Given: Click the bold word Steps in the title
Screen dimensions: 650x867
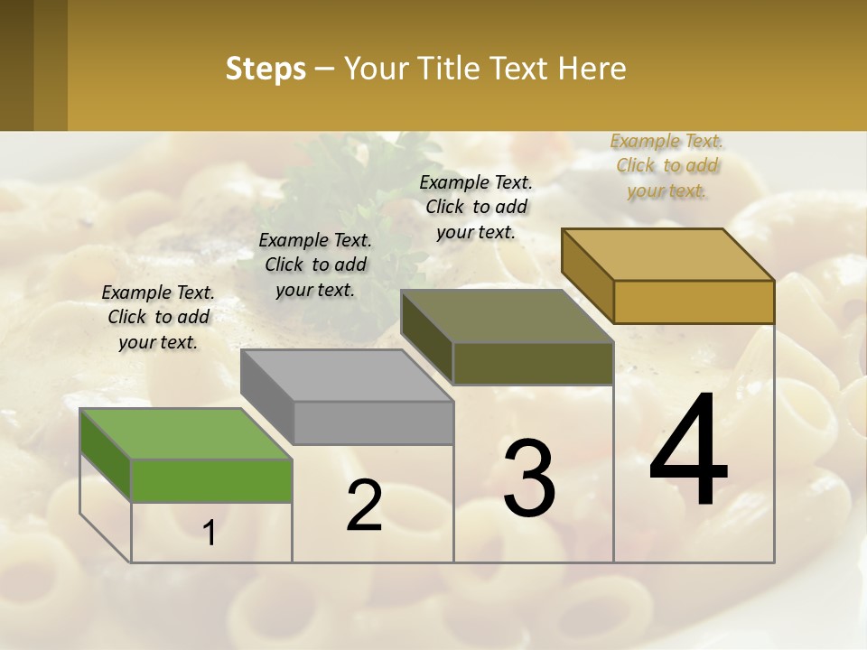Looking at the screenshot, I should tap(266, 69).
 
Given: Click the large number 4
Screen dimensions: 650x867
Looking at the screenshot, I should tap(688, 451).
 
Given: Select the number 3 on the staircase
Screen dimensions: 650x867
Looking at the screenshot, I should tap(529, 478).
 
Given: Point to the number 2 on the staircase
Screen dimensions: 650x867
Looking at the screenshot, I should tap(364, 506).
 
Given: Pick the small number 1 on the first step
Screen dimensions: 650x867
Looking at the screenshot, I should tap(210, 534).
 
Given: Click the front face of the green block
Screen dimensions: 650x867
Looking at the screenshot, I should tap(211, 480).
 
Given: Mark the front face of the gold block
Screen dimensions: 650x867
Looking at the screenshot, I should tap(694, 302).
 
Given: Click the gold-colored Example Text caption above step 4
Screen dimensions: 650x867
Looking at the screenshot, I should tap(667, 165).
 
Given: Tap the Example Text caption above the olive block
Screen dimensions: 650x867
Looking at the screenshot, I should tap(476, 207).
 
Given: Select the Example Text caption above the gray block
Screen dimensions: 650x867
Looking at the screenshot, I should tap(315, 265).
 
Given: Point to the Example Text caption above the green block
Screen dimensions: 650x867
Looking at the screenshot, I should tap(158, 317).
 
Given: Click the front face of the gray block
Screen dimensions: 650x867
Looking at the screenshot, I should tap(373, 422).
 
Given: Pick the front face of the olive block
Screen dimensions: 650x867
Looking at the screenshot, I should tap(533, 363).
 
